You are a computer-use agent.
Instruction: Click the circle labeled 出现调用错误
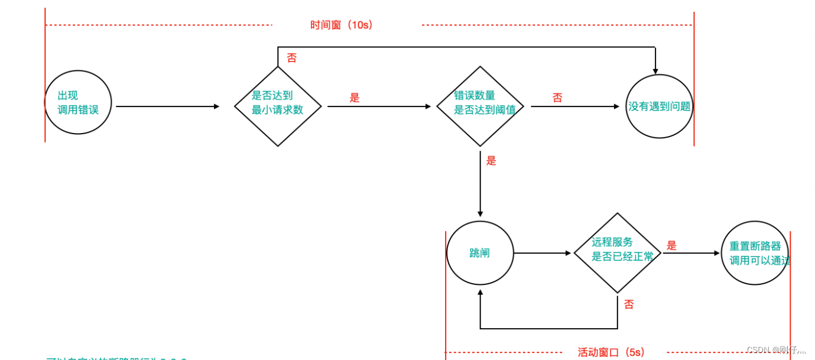pos(78,102)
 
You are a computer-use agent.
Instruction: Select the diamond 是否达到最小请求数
pos(278,106)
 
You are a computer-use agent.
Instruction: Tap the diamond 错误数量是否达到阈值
pos(480,106)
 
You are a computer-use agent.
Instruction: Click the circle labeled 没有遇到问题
pos(659,106)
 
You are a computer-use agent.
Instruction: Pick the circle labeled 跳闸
pos(480,253)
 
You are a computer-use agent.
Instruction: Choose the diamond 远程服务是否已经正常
pos(618,252)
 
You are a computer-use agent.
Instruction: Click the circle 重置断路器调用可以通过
pos(755,253)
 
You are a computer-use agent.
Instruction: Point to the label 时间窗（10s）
pos(342,25)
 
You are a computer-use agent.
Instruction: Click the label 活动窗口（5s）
pos(611,352)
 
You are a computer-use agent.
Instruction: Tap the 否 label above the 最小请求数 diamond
pos(292,58)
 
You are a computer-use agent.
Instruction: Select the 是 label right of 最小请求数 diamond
pos(355,98)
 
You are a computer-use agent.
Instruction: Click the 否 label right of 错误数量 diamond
pos(557,98)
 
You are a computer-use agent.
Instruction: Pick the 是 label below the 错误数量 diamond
pos(491,160)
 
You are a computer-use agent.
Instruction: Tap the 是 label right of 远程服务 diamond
pos(671,245)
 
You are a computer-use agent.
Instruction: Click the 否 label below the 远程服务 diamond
pos(629,304)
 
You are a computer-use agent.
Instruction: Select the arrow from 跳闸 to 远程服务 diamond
pos(543,253)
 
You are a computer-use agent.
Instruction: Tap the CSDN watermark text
pos(776,350)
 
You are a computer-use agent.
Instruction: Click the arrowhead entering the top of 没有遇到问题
pos(655,71)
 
